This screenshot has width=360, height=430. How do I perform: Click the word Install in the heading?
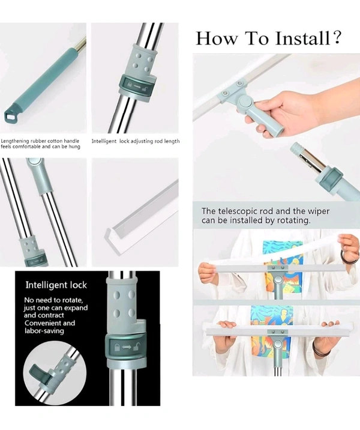(x=302, y=38)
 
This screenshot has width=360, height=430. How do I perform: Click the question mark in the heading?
(x=338, y=37)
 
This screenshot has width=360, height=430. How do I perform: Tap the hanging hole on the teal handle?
(x=10, y=117)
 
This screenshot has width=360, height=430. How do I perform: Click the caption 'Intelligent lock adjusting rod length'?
(x=136, y=141)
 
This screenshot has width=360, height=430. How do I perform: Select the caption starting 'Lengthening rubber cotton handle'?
(x=40, y=144)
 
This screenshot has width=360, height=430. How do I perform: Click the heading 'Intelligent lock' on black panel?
(x=56, y=285)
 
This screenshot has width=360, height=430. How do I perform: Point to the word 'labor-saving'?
(x=44, y=331)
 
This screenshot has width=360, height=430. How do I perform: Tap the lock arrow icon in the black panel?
(x=126, y=347)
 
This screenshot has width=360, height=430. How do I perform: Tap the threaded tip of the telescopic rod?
(x=296, y=148)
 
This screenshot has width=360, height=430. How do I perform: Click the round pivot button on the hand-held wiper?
(x=246, y=102)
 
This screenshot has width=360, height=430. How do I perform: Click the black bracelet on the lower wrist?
(x=319, y=349)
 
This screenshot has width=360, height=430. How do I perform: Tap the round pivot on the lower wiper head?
(x=278, y=344)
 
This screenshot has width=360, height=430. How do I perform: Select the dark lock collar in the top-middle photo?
(x=136, y=86)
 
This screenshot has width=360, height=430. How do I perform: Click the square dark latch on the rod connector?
(x=334, y=178)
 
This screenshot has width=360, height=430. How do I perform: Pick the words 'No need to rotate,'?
(x=53, y=300)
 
